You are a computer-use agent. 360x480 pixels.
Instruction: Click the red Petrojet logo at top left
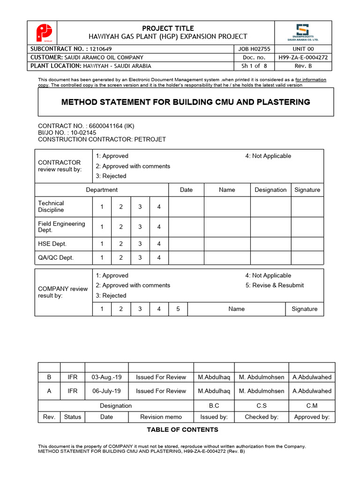click(x=44, y=33)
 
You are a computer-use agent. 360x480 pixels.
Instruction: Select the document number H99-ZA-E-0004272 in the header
click(x=302, y=57)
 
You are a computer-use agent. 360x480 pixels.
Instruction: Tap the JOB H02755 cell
click(x=254, y=49)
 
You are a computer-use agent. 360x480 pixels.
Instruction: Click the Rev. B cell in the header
click(x=302, y=66)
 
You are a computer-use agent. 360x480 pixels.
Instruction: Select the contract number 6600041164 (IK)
click(x=102, y=126)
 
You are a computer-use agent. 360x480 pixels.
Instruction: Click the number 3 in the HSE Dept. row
click(x=140, y=244)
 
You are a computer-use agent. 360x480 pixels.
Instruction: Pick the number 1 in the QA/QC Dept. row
click(x=102, y=257)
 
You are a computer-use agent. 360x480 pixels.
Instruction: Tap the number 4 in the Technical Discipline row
click(x=159, y=207)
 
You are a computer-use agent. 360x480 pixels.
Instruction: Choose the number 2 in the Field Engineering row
click(x=120, y=227)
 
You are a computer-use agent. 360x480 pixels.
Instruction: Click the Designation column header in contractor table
click(x=270, y=190)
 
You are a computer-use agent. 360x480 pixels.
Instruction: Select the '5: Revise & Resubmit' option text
click(x=274, y=285)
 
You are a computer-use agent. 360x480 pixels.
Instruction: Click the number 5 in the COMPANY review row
click(x=178, y=309)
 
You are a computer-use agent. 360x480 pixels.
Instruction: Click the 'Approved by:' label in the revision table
click(x=312, y=417)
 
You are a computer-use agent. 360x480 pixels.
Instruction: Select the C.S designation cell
click(x=262, y=405)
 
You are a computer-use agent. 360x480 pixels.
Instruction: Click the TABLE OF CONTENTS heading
click(x=182, y=429)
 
